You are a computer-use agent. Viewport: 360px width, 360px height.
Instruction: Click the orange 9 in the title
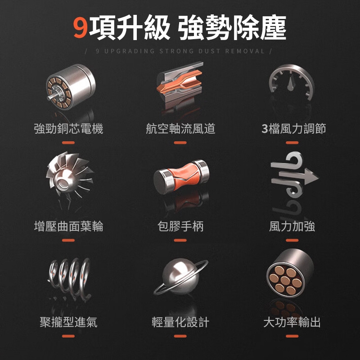[81, 28]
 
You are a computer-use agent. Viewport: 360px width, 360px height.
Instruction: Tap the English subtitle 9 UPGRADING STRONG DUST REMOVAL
[180, 51]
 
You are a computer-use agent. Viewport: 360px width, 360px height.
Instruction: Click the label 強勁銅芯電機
[68, 129]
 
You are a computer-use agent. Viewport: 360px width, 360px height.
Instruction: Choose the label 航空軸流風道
[180, 129]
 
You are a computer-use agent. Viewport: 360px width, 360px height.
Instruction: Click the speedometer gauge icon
[292, 82]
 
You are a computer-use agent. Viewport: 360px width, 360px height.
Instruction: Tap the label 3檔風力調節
[294, 129]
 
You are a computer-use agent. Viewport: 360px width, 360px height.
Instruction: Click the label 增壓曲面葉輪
[68, 226]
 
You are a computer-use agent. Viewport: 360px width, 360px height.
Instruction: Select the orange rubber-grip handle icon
[181, 176]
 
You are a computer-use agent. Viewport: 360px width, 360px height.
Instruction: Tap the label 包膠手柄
[180, 226]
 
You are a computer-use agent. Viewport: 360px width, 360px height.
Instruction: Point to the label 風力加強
[292, 226]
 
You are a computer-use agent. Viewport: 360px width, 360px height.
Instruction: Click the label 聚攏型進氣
[68, 322]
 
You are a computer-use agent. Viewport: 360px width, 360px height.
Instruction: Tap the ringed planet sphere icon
[181, 277]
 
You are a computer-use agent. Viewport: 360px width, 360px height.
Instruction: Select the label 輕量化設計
[180, 322]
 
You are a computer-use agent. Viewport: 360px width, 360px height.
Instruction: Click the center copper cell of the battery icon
[285, 280]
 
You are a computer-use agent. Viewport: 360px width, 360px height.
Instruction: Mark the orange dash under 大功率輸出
[292, 336]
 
